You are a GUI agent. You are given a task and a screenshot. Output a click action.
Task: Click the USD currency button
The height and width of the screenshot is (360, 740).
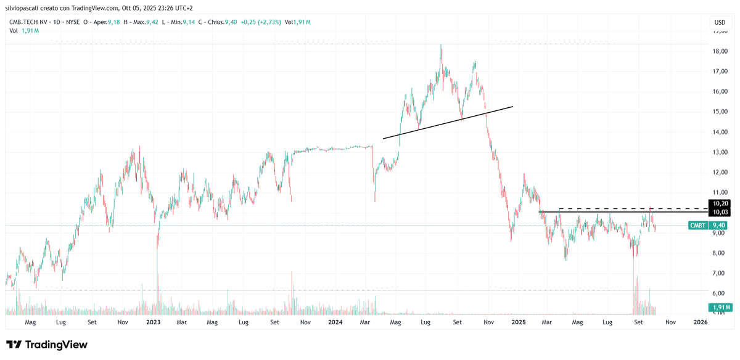(720, 22)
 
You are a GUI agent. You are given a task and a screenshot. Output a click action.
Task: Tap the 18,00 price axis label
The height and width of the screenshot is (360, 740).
(720, 51)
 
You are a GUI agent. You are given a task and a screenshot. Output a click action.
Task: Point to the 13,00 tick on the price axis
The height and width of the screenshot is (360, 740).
(720, 152)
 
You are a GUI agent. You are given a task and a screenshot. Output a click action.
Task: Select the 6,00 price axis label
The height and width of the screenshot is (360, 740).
(720, 293)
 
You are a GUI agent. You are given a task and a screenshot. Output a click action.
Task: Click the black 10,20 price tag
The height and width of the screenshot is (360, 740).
(721, 203)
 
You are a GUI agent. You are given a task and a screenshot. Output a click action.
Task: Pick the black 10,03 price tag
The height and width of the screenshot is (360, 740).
(721, 212)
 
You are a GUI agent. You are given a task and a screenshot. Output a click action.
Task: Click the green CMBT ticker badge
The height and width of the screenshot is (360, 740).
(697, 226)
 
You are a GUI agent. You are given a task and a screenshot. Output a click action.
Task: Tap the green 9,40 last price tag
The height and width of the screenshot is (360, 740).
(718, 226)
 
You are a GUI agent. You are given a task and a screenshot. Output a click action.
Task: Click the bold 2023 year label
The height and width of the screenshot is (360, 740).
(153, 322)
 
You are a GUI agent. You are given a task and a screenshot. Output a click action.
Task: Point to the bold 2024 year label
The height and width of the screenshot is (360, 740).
(335, 322)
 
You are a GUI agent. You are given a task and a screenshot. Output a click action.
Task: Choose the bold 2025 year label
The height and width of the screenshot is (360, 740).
(518, 322)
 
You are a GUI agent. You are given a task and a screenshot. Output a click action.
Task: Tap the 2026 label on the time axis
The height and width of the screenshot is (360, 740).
(700, 322)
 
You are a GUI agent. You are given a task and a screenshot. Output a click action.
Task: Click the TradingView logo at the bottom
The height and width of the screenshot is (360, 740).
(47, 345)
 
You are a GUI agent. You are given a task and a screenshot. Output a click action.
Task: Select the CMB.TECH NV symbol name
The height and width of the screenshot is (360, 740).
(28, 22)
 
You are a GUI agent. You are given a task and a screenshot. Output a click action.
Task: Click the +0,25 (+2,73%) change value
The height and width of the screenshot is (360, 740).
(259, 22)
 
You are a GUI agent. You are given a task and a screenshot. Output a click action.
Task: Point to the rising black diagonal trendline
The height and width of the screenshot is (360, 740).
(448, 122)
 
